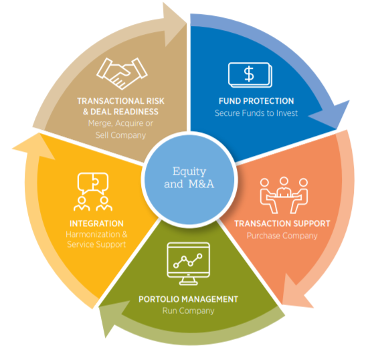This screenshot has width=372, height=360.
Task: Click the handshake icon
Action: [x=122, y=74]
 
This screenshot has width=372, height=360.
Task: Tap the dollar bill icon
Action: [x=250, y=75]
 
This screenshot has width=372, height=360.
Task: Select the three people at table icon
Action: [x=284, y=195]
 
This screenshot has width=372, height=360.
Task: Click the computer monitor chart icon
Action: [x=189, y=264]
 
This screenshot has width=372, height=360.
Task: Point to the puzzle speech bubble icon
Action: [x=93, y=192]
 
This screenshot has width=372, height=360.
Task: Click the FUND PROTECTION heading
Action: [x=256, y=101]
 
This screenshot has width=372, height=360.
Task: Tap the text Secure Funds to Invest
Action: [x=256, y=113]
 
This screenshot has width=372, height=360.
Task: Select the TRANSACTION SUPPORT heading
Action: [x=282, y=223]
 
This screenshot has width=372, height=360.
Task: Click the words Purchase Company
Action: [x=282, y=236]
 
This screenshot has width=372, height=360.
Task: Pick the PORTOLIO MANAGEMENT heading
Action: [x=188, y=299]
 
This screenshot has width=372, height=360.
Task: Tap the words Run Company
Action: [x=188, y=311]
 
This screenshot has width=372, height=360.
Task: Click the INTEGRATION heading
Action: [x=96, y=223]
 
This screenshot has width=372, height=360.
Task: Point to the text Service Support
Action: [x=96, y=244]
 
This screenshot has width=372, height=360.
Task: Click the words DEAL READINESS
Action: [x=124, y=112]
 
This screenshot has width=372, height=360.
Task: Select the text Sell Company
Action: [x=120, y=135]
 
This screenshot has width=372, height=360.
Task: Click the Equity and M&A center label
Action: [x=189, y=177]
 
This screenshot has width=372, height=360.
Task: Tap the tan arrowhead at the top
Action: [x=173, y=23]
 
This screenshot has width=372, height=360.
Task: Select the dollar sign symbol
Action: [x=249, y=74]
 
